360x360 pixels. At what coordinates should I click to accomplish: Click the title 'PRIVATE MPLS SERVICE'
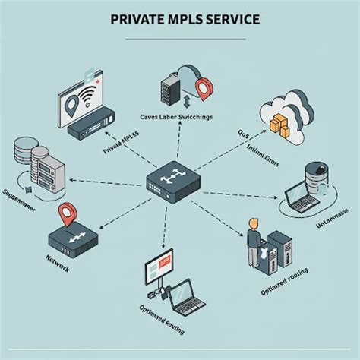(x=179, y=19)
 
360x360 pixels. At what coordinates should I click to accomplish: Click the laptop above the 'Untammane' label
(x=301, y=199)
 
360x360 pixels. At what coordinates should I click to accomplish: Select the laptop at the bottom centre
(x=186, y=298)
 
